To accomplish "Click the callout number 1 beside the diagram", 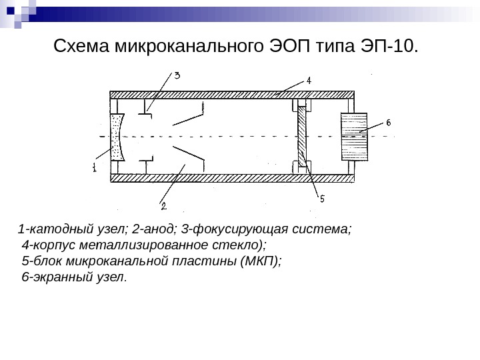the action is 94,169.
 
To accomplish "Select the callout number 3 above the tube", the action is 177,75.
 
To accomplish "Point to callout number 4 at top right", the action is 309,80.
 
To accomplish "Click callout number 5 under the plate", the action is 321,198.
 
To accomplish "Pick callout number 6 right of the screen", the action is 389,123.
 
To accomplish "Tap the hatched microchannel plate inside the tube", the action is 304,136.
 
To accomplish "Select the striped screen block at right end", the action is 353,134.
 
